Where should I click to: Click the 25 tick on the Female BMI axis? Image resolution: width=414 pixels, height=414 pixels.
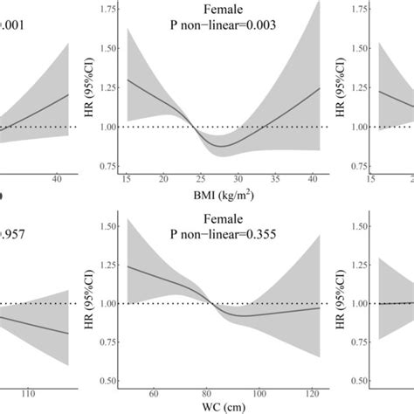pyautogui.click(x=201, y=179)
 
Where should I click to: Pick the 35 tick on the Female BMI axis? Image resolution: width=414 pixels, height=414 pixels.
pyautogui.click(x=280, y=179)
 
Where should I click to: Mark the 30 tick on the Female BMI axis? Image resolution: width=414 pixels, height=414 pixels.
pyautogui.click(x=241, y=179)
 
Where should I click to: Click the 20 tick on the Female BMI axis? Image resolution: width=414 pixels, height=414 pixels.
pyautogui.click(x=162, y=179)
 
